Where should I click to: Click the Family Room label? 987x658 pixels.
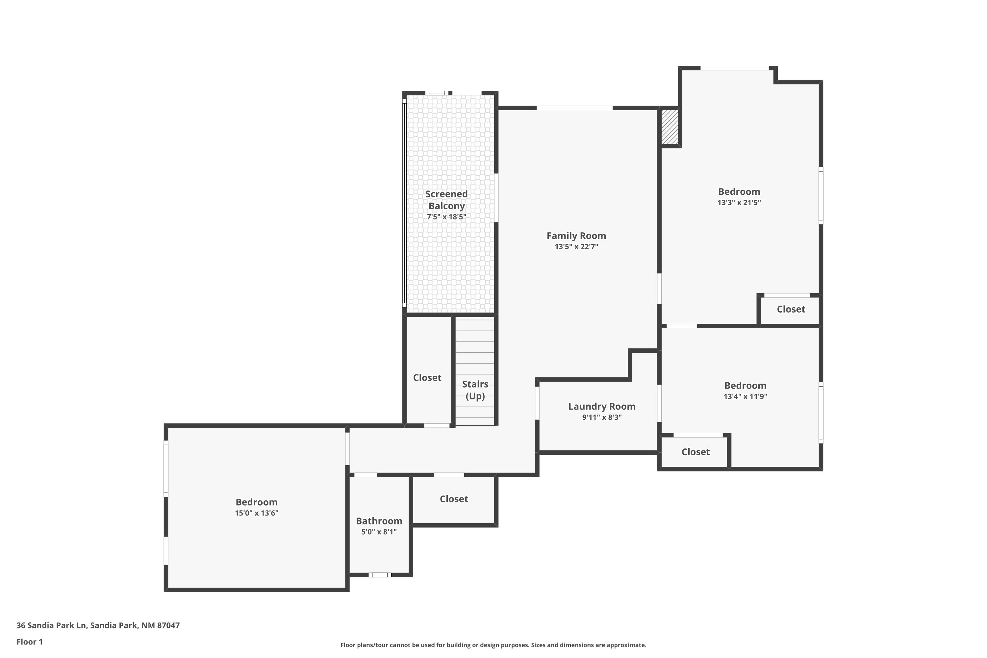coord(576,236)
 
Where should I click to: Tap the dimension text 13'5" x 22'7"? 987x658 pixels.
coord(576,247)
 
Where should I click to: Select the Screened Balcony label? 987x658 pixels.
coord(446,200)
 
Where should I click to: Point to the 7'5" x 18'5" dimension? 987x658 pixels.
coord(446,217)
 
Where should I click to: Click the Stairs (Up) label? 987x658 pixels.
coord(475,390)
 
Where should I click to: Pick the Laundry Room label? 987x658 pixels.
coord(602,407)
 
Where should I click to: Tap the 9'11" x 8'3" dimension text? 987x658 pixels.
coord(602,418)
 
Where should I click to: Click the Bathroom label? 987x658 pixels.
coord(379,521)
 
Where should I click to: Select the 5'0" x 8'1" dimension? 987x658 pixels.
coord(379,532)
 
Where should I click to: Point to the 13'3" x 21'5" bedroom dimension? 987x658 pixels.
coord(739,203)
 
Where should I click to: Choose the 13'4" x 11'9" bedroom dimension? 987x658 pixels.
coord(745,396)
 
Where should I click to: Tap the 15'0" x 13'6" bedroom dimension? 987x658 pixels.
coord(256,513)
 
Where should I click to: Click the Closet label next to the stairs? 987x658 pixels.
coord(427,378)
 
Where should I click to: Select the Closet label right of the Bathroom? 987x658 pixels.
coord(454,499)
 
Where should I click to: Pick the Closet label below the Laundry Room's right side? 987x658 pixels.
coord(696,452)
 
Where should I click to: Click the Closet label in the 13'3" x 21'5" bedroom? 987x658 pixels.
coord(791,309)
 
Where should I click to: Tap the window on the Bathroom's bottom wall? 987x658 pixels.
coord(380,575)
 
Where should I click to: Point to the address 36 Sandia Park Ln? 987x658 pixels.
coord(51,625)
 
